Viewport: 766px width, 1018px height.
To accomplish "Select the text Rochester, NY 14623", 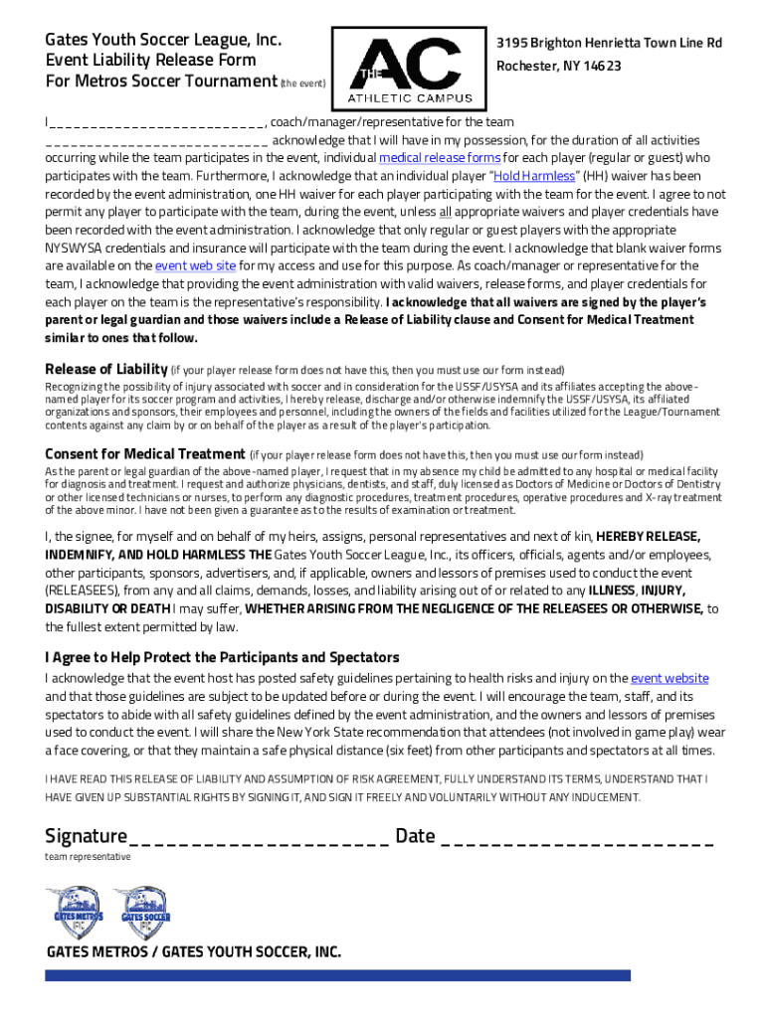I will pos(559,66).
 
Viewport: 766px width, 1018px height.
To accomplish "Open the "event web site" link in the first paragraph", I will pos(195,265).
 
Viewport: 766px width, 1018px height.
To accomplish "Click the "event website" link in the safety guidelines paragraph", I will pos(670,678).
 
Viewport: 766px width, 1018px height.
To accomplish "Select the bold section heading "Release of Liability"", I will pos(105,370).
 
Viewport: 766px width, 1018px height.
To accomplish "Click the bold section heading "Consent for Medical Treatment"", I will pos(144,454).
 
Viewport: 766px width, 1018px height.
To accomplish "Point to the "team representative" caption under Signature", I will pos(88,857).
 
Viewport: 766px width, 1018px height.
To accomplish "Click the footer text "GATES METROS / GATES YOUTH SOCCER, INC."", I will pos(193,951).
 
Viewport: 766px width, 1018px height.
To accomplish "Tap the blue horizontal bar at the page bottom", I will pos(338,976).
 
